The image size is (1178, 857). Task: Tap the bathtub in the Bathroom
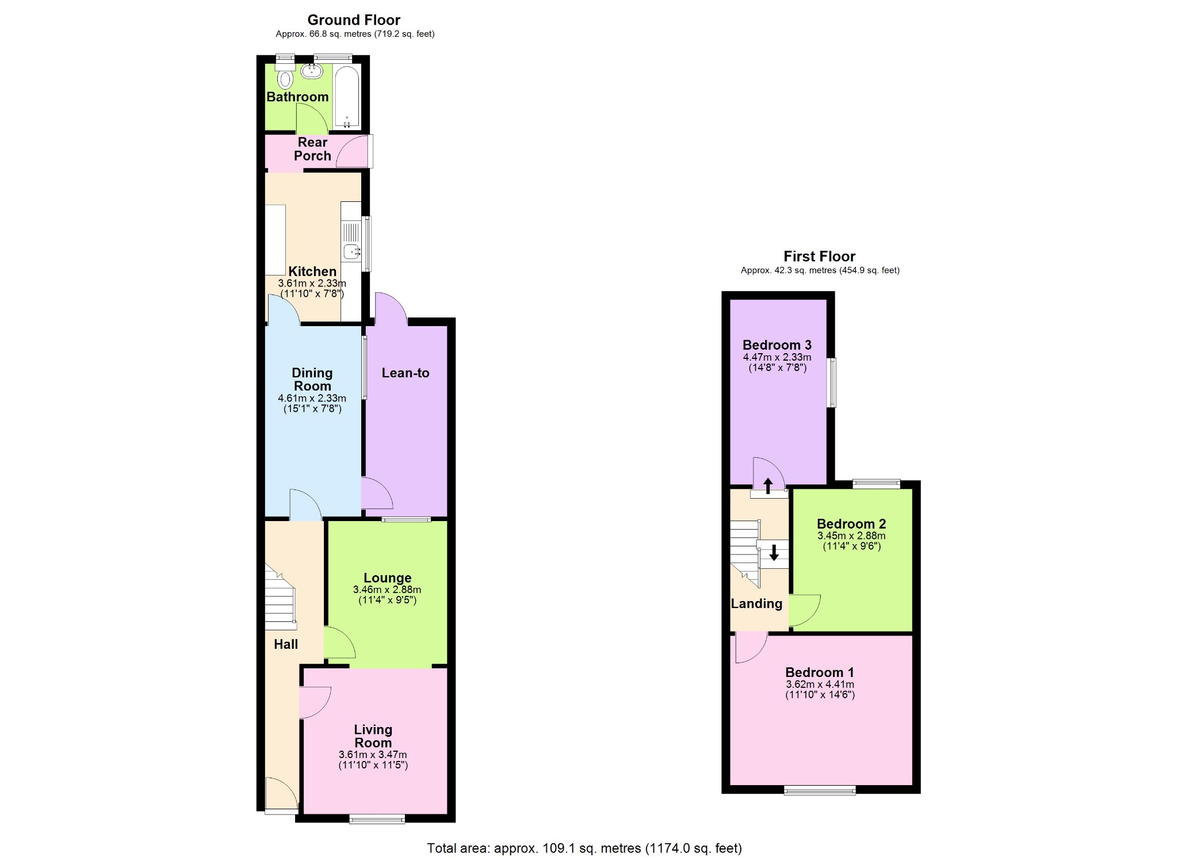347,97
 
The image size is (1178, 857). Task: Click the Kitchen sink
351,251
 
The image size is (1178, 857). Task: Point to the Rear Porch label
312,149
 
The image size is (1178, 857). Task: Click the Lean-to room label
406,373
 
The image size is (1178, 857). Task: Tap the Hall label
286,644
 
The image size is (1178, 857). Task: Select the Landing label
756,603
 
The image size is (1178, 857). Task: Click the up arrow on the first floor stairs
768,485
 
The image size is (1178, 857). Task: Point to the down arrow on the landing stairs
774,553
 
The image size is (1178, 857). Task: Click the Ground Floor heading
354,20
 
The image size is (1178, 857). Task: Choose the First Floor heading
820,257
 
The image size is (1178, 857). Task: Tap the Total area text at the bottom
584,848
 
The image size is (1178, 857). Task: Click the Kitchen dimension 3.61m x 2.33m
312,283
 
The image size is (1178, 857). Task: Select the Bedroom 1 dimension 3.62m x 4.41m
820,684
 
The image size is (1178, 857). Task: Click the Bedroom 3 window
832,382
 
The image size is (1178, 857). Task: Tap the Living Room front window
377,819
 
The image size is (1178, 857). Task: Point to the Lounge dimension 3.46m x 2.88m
387,590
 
